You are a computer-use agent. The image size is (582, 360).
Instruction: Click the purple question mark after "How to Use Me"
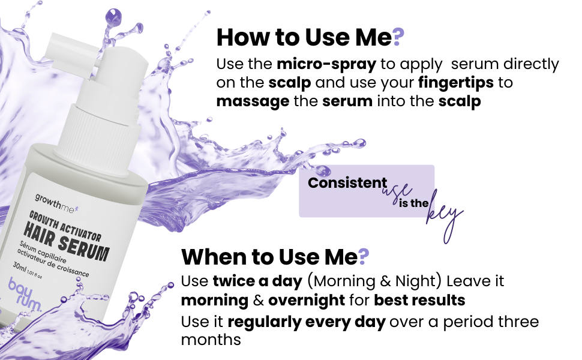(398, 37)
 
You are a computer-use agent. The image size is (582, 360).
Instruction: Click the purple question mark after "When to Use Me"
(364, 257)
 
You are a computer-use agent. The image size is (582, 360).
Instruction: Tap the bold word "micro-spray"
(326, 64)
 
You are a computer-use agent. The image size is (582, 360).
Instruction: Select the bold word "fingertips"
(456, 83)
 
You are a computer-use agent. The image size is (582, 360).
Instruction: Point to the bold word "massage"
(253, 101)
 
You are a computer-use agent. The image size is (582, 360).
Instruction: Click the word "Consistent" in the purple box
(347, 182)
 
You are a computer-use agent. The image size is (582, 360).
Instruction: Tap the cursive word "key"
(444, 216)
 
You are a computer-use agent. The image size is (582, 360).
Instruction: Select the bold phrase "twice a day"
(257, 281)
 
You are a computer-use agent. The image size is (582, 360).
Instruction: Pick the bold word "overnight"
(307, 300)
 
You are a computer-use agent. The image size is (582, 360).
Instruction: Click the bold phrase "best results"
(419, 300)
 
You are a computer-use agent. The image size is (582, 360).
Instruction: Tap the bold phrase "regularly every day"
(307, 322)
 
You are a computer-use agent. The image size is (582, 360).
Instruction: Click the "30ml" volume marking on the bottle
(19, 266)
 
